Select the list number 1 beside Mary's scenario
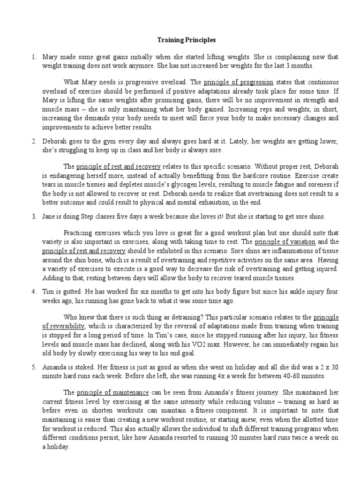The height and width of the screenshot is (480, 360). tap(34, 57)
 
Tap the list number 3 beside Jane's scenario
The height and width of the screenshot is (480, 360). tap(34, 217)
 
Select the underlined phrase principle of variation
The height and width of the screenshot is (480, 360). tap(285, 242)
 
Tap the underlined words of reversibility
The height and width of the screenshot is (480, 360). tap(64, 326)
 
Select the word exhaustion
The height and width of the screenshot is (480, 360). tap(227, 202)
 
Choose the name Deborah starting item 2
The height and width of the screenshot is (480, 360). tap(55, 141)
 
